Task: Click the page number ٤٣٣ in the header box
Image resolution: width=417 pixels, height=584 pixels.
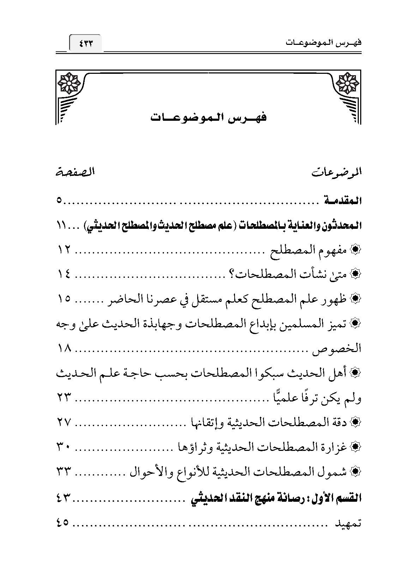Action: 86,44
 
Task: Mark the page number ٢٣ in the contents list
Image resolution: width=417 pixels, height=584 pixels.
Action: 64,398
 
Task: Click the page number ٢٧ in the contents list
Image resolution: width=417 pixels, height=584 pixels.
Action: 64,422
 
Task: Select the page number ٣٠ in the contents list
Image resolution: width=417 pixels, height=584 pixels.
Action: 64,447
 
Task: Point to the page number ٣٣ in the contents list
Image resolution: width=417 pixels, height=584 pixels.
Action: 64,471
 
